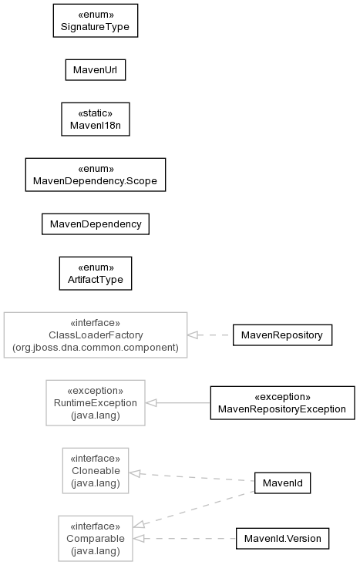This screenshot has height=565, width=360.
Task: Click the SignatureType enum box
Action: pyautogui.click(x=96, y=21)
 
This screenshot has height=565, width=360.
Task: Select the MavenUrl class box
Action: pyautogui.click(x=96, y=70)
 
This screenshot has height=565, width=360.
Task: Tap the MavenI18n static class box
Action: pyautogui.click(x=96, y=119)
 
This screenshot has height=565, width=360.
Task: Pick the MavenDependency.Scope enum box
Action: pyautogui.click(x=96, y=175)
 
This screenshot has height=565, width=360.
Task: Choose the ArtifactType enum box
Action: pyautogui.click(x=96, y=274)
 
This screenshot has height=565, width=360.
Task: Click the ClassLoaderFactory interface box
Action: pyautogui.click(x=96, y=335)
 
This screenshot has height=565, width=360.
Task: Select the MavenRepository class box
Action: pyautogui.click(x=282, y=335)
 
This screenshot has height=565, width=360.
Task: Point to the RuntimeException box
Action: pyautogui.click(x=96, y=403)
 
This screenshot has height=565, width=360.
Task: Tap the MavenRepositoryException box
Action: pyautogui.click(x=282, y=403)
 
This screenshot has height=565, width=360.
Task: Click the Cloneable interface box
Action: pyautogui.click(x=96, y=471)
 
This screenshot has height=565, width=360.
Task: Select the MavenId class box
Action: pyautogui.click(x=282, y=483)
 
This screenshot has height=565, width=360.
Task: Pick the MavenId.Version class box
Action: pyautogui.click(x=282, y=539)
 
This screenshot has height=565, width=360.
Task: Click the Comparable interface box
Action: pyautogui.click(x=96, y=538)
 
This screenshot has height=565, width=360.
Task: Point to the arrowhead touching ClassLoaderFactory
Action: pyautogui.click(x=193, y=335)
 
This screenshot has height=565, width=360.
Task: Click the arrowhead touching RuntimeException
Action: pyautogui.click(x=150, y=403)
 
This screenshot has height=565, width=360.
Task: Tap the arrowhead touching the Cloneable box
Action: pyautogui.click(x=134, y=473)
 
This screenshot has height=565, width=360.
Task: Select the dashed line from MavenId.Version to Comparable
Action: pyautogui.click(x=184, y=539)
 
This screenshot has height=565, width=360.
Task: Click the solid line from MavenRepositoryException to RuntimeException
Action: pyautogui.click(x=177, y=403)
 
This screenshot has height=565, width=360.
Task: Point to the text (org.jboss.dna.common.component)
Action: pyautogui.click(x=96, y=348)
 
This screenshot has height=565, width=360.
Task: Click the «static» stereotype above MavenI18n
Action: pyautogui.click(x=96, y=113)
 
